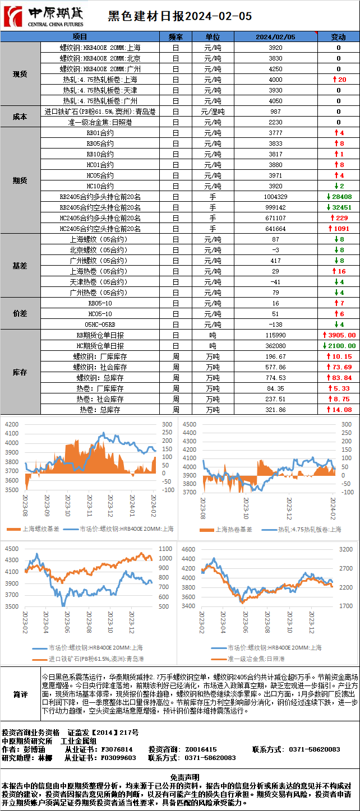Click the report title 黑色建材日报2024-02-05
[x=179, y=16]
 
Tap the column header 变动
[x=338, y=37]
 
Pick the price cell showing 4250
[x=275, y=69]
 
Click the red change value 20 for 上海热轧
[x=339, y=80]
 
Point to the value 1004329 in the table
[x=275, y=197]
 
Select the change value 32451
[x=339, y=207]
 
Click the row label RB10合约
[x=100, y=154]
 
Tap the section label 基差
[x=20, y=266]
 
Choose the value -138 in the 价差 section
[x=275, y=325]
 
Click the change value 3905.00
[x=339, y=335]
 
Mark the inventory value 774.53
[x=275, y=378]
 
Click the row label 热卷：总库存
[x=100, y=410]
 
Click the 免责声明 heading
[x=180, y=777]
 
